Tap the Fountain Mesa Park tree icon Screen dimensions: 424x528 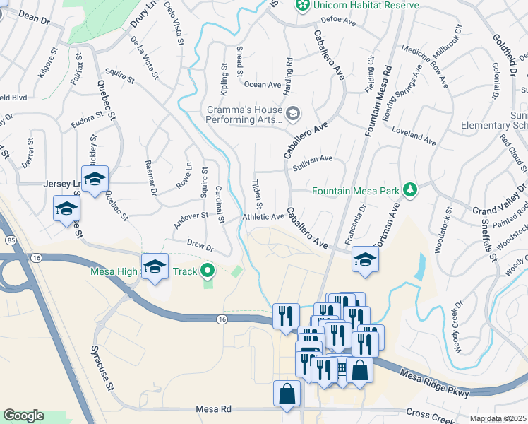pyautogui.click(x=409, y=190)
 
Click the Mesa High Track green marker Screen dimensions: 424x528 pyautogui.click(x=207, y=270)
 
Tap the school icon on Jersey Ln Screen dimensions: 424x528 pyautogui.click(x=95, y=180)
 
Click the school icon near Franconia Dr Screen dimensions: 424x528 pyautogui.click(x=364, y=259)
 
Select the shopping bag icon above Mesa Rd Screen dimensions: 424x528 pyautogui.click(x=287, y=395)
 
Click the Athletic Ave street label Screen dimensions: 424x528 pyautogui.click(x=263, y=218)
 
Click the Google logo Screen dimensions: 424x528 pyautogui.click(x=24, y=416)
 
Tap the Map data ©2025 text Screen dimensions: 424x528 pyautogui.click(x=498, y=419)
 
